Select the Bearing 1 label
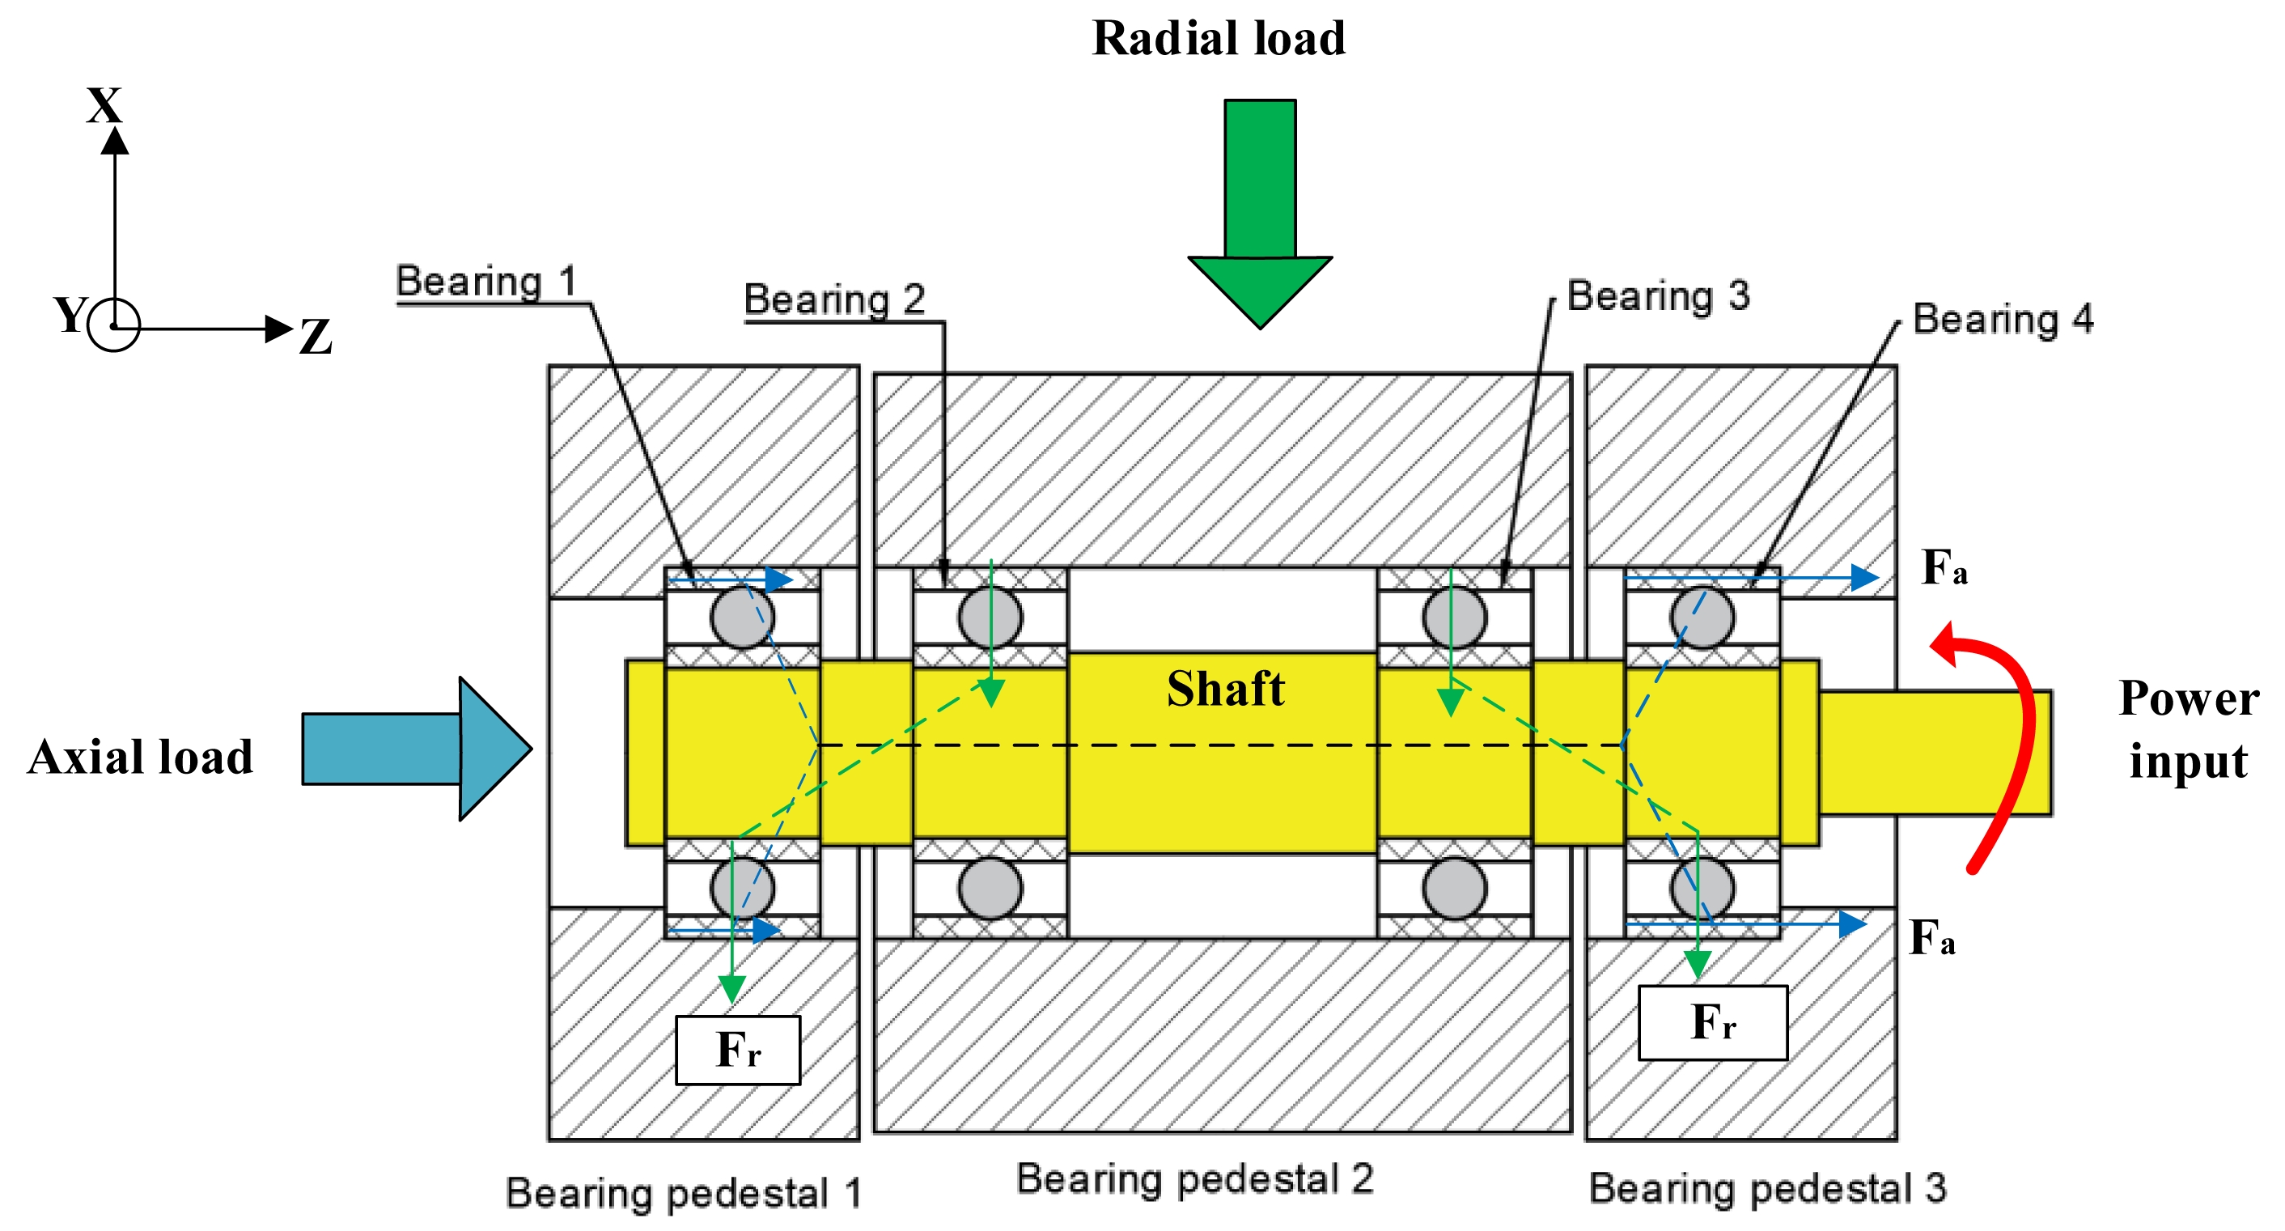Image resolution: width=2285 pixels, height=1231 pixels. [486, 282]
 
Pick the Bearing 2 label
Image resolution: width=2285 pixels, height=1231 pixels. [833, 299]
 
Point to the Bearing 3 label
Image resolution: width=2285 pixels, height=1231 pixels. [1658, 295]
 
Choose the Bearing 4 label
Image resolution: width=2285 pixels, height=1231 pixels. [2003, 319]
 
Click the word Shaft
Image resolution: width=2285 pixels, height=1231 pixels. [1225, 689]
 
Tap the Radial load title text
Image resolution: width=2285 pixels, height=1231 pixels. [1218, 38]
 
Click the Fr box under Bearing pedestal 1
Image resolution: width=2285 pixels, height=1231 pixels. [738, 1050]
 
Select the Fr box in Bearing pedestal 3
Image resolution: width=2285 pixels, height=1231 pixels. [1712, 1022]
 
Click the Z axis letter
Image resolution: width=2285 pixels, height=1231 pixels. [315, 337]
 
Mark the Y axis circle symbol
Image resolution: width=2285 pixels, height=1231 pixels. [114, 325]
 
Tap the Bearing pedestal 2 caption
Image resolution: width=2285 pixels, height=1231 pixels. [1195, 1178]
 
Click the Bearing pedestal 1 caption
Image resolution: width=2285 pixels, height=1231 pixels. [683, 1193]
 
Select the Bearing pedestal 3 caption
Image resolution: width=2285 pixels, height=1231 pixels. [1767, 1188]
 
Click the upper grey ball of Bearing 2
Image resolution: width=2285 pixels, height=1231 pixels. [990, 617]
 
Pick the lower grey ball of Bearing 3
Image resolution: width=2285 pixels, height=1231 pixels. [1454, 888]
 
